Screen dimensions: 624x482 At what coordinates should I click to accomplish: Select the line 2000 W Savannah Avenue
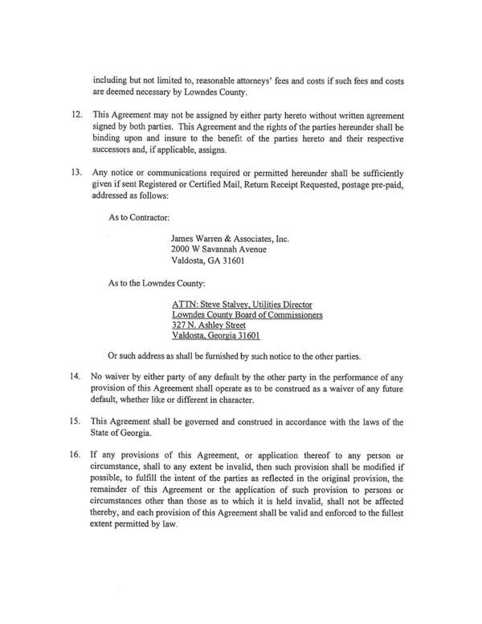[x=222, y=249]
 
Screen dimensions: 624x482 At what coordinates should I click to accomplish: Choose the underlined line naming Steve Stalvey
[x=242, y=306]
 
